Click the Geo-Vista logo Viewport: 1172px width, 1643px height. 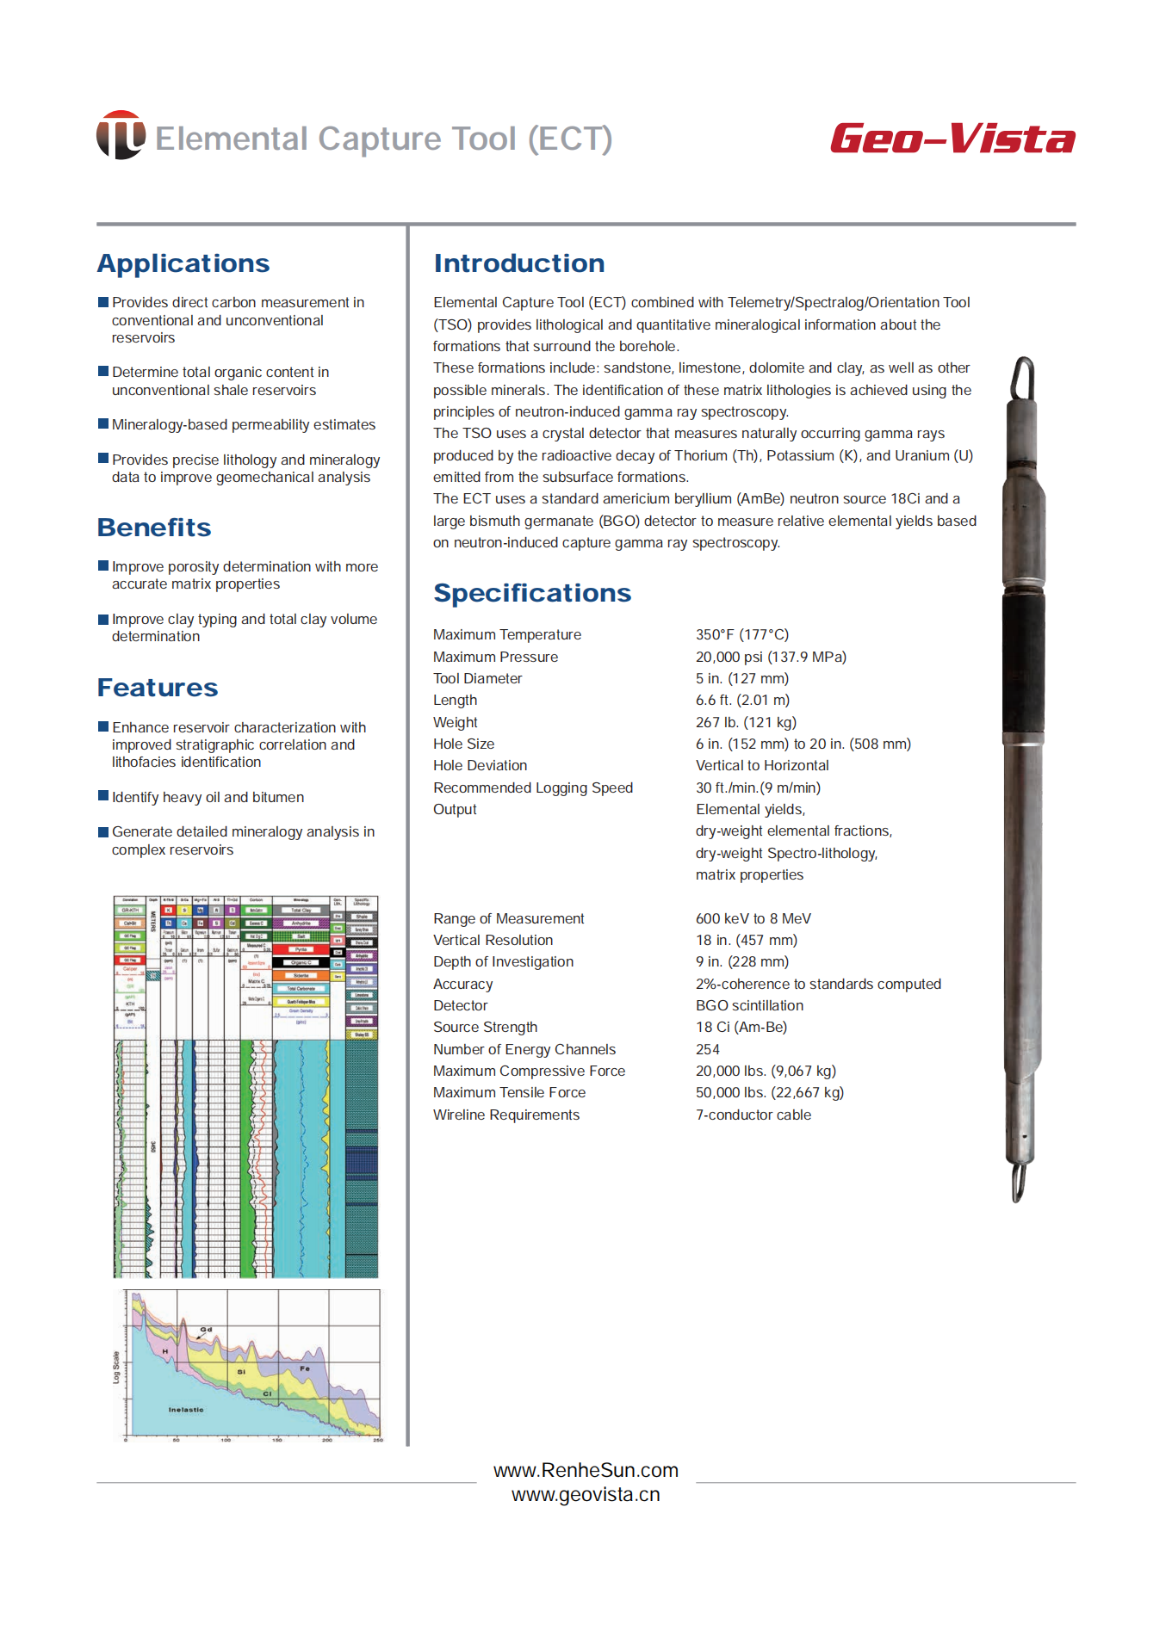click(952, 139)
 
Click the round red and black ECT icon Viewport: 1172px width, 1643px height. click(121, 135)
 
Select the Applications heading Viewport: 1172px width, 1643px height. click(183, 263)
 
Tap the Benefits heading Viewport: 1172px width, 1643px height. click(154, 528)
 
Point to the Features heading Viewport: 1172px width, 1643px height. click(158, 688)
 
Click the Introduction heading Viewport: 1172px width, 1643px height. click(518, 263)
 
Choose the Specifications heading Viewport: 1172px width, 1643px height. click(532, 593)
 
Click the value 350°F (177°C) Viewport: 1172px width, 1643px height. click(741, 634)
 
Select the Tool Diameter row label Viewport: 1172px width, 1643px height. click(477, 678)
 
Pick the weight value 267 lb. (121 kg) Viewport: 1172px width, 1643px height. click(746, 722)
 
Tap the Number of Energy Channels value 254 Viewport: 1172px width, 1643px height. click(707, 1049)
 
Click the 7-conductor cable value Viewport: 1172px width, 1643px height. click(753, 1115)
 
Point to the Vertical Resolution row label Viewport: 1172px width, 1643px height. click(493, 940)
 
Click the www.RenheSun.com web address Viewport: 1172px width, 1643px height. click(586, 1470)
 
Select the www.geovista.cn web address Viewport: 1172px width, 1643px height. click(586, 1495)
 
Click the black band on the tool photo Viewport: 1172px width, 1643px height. click(1023, 663)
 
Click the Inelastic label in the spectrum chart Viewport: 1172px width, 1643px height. click(186, 1410)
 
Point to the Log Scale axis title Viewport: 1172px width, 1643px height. click(116, 1368)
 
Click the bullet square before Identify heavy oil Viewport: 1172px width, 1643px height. click(103, 796)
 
